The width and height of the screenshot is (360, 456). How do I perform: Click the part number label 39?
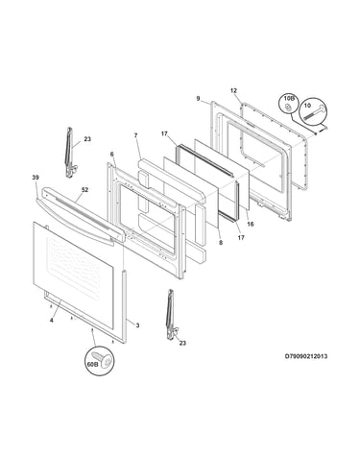pos(36,178)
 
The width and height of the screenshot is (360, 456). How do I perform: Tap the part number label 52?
pos(84,190)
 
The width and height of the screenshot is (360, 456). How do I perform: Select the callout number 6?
pos(111,155)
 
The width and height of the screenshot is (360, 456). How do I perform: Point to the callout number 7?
pos(135,135)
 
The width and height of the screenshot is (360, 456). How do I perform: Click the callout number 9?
pos(198,99)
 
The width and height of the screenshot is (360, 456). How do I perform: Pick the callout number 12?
pos(233,90)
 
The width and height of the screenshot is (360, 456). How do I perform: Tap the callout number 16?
pos(251,224)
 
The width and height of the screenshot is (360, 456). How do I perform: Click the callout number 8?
pos(221,243)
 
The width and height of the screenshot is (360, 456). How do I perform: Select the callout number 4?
pos(52,320)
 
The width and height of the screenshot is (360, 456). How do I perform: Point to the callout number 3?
pos(137,325)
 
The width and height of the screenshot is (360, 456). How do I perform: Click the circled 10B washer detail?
pos(287,108)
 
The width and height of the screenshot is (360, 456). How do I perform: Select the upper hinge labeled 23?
pos(70,153)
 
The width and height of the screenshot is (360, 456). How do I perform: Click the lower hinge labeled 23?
pos(171,314)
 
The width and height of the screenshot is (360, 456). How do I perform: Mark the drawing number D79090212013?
pos(306,356)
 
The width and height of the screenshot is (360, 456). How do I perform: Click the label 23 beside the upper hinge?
pos(87,139)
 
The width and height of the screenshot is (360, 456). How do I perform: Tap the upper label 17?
pos(164,133)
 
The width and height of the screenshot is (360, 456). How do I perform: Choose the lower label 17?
pos(241,237)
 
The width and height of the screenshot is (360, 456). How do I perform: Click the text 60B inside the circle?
pos(92,364)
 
